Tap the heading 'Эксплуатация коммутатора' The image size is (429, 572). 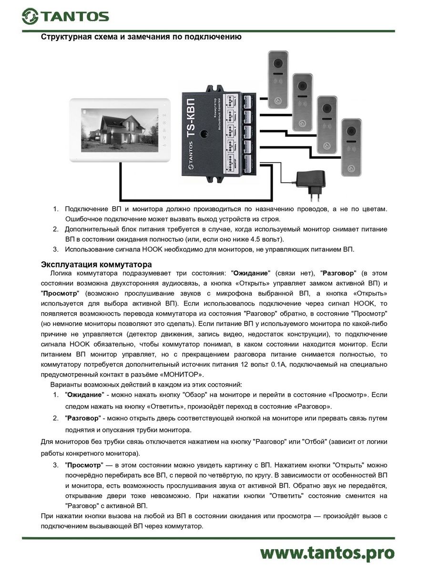click(x=96, y=264)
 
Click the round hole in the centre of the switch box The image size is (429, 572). click(x=204, y=134)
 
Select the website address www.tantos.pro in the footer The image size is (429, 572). click(x=327, y=552)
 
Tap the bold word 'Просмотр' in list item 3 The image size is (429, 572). click(x=84, y=464)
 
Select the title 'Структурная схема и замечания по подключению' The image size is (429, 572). click(x=141, y=37)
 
